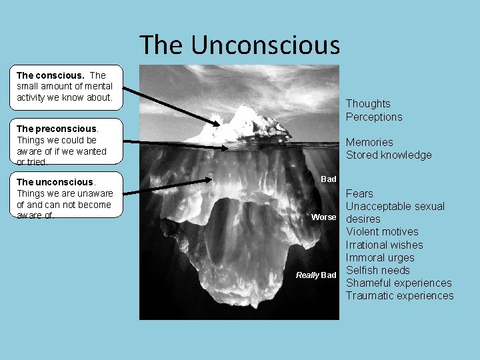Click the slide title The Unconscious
239,45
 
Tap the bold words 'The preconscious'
57,129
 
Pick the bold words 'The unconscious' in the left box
55,182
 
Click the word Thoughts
368,103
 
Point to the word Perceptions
374,117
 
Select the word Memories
369,142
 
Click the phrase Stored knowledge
389,155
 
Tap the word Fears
359,193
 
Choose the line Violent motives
382,231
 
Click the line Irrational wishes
384,245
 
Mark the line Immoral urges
380,257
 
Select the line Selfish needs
377,270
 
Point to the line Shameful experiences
399,283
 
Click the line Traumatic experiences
399,295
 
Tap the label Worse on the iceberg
324,217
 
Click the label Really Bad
316,275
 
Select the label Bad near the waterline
329,179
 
